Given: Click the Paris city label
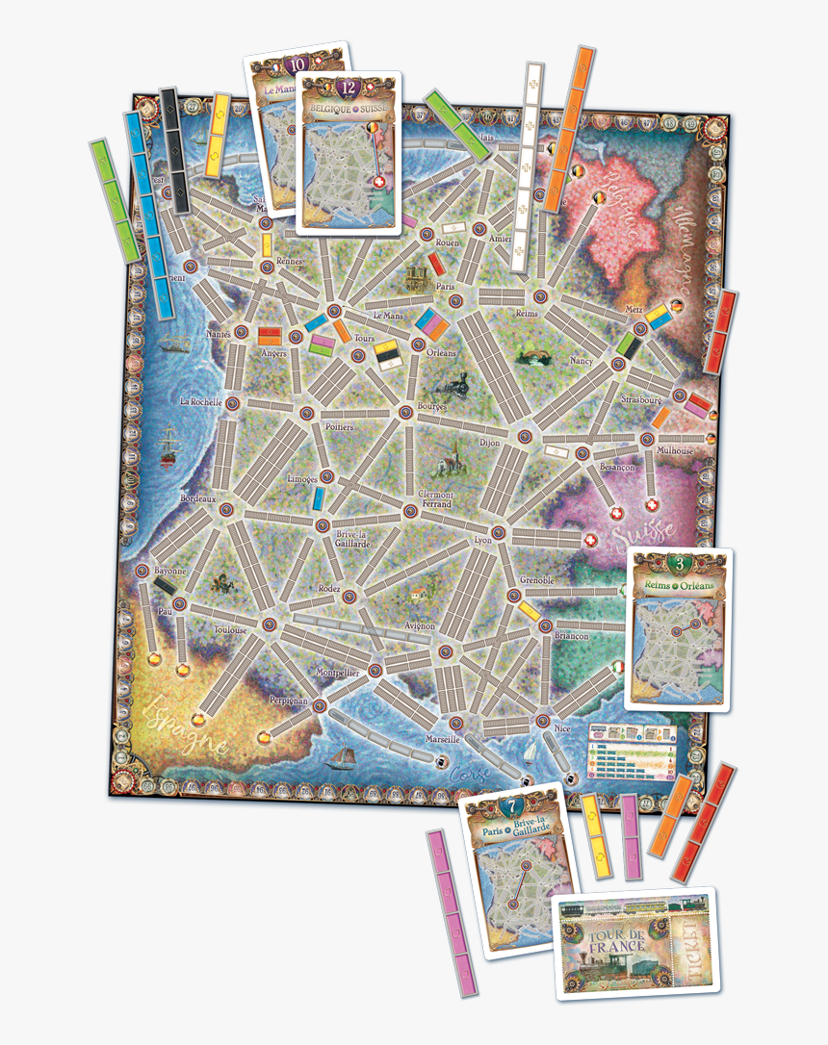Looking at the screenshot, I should click(444, 287).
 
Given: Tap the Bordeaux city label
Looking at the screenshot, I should click(199, 498).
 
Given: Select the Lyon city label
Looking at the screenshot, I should click(483, 541).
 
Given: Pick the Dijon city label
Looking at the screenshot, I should click(490, 443).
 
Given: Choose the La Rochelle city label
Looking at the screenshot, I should click(201, 401).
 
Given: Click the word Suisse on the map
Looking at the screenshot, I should click(649, 535).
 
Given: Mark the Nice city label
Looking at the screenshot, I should click(562, 728).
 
